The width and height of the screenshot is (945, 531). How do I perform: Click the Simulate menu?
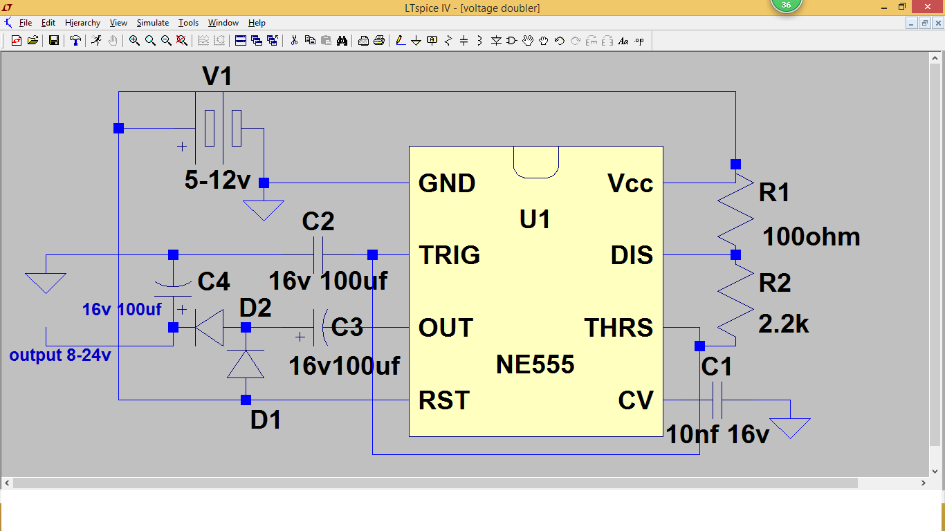[x=152, y=23]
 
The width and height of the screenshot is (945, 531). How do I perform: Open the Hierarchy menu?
[x=82, y=23]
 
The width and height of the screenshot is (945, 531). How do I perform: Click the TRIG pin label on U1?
[x=449, y=255]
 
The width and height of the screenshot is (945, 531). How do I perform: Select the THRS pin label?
[x=618, y=328]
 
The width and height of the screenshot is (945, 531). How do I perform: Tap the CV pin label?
[x=636, y=400]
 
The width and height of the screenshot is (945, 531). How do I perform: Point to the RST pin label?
[x=444, y=400]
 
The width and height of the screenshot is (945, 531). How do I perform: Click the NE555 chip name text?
[x=535, y=364]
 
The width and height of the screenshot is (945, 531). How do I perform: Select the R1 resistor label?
[x=774, y=193]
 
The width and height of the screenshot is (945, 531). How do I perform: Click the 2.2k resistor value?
[x=784, y=324]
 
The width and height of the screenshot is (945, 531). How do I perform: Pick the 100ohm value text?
[x=811, y=237]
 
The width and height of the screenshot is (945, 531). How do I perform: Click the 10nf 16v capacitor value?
[x=717, y=435]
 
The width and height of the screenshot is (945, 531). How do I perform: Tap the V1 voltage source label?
[x=217, y=77]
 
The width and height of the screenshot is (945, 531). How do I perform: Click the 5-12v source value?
[x=217, y=181]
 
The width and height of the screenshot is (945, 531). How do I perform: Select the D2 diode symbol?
[x=209, y=328]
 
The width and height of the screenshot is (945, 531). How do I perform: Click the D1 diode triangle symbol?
[x=246, y=364]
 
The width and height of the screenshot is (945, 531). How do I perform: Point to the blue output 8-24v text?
[x=60, y=356]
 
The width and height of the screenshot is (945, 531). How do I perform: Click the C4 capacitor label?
[x=214, y=281]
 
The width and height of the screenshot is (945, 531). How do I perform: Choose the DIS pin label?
[x=632, y=255]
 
